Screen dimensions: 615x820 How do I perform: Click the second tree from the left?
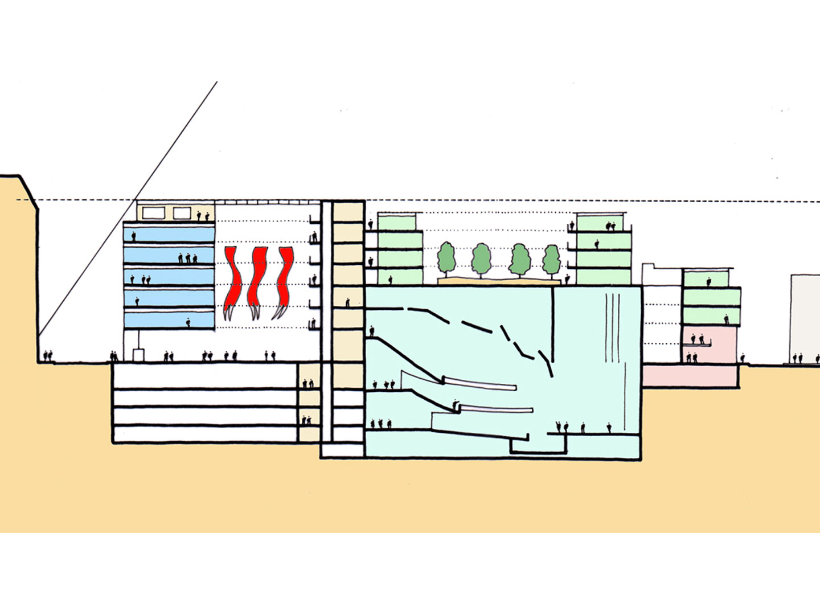[482, 259]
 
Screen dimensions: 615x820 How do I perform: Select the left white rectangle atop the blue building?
[153, 213]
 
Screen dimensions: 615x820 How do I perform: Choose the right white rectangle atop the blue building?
[182, 213]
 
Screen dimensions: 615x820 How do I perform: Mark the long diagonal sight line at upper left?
[131, 205]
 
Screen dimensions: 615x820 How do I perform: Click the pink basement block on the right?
[690, 376]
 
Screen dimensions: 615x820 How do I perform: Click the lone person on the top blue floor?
[134, 235]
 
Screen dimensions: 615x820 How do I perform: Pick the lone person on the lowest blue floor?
[187, 323]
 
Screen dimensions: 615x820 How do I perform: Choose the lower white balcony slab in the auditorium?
[495, 409]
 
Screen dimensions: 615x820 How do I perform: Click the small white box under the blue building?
[138, 355]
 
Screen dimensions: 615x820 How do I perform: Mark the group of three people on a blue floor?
[188, 258]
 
